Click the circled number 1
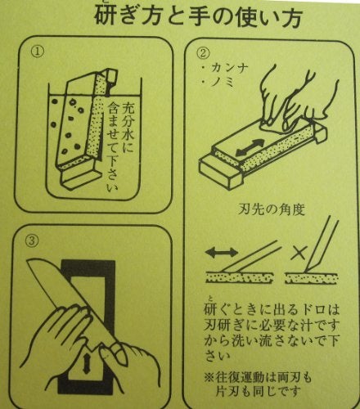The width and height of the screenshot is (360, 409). pos(37,52)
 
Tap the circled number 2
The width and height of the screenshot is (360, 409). pos(203,52)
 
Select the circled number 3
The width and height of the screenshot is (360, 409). pos(32,240)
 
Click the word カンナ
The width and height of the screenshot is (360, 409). pos(229,68)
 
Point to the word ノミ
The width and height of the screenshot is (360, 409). pos(223,82)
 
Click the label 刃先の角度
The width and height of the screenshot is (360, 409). pos(272,210)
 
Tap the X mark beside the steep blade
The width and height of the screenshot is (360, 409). pos(299,253)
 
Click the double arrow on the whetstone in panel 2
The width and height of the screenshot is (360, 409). pos(250,148)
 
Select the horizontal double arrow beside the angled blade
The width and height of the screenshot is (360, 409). pos(221,252)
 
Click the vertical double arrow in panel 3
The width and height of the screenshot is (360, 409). pos(87,363)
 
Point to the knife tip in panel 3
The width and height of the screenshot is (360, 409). pos(29,261)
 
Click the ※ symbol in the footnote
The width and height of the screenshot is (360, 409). pos(210,379)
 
